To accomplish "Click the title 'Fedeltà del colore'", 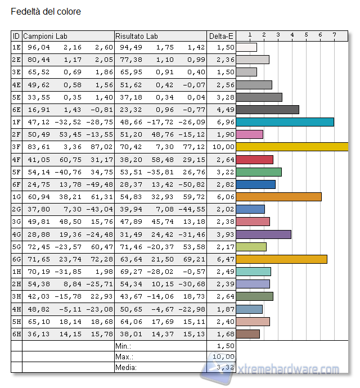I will (46, 11).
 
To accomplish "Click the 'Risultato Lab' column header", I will (137, 36).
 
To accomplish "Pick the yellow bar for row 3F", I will (292, 147).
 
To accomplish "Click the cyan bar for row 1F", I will (285, 122).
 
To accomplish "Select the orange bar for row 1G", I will (278, 196).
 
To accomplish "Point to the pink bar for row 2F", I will (250, 134).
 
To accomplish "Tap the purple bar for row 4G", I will (264, 233).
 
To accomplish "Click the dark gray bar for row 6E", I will (267, 110).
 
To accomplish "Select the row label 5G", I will (16, 246).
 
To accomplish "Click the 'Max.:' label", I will (125, 357).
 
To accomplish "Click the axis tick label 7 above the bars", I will (334, 35).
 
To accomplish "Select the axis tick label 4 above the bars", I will (292, 35).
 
